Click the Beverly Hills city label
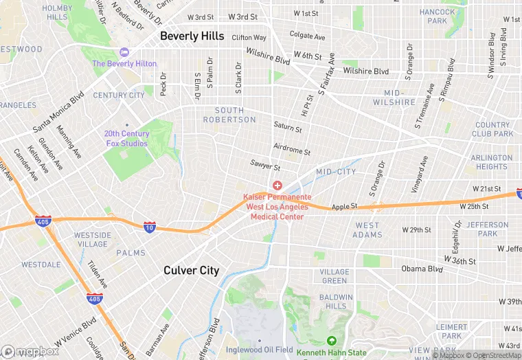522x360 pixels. tap(192, 36)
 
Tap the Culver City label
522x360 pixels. tap(191, 271)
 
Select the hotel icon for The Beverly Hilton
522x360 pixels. tap(124, 52)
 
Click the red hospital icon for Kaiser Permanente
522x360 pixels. tap(277, 185)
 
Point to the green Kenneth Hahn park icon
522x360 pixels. tap(331, 341)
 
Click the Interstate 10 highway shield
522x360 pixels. tap(150, 227)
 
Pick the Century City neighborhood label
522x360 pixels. tap(119, 95)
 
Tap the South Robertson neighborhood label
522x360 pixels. tap(235, 115)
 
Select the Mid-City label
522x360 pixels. tap(336, 172)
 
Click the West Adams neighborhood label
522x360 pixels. tap(367, 229)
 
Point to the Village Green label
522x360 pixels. tap(334, 276)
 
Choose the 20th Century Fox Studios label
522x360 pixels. tap(126, 139)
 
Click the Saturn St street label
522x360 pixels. tap(288, 128)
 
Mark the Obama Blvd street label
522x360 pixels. tap(422, 269)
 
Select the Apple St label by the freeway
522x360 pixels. tap(345, 206)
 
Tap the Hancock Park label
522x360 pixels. tap(437, 16)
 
